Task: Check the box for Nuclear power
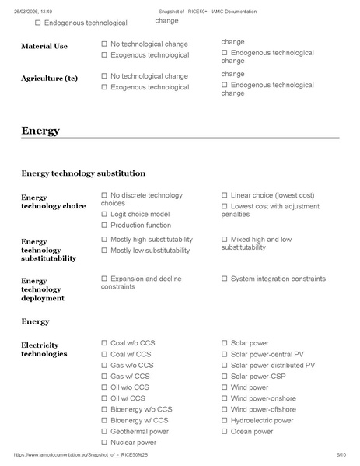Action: [104, 443]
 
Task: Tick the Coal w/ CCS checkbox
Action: [104, 354]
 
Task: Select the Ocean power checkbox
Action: [225, 432]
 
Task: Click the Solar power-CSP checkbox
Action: [225, 376]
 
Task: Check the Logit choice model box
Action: [104, 214]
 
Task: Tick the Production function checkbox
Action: [104, 225]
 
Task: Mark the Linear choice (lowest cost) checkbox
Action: [225, 195]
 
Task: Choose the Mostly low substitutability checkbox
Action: [104, 251]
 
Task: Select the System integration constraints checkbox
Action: [225, 279]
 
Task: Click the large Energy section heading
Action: [40, 131]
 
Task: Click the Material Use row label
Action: [44, 46]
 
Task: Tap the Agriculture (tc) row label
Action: [49, 79]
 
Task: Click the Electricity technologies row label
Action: [44, 349]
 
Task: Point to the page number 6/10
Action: [340, 454]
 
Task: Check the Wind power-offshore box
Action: [225, 409]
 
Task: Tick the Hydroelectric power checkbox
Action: [225, 420]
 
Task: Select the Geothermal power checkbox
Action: [104, 432]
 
